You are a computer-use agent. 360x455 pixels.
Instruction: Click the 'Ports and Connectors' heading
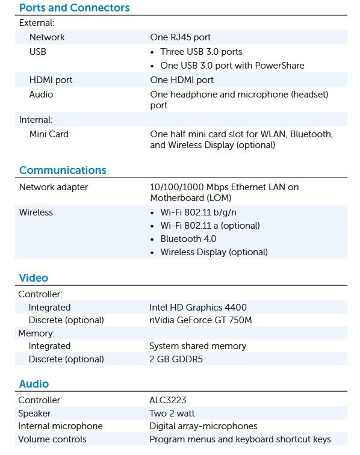click(74, 8)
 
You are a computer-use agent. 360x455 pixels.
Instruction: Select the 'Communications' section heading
click(63, 170)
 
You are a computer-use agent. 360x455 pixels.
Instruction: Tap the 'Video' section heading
click(34, 278)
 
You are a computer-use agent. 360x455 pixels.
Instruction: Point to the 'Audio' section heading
click(34, 384)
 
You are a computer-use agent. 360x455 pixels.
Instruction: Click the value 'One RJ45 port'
click(180, 37)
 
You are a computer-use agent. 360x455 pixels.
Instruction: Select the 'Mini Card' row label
click(49, 134)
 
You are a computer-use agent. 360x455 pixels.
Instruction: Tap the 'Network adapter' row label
click(54, 187)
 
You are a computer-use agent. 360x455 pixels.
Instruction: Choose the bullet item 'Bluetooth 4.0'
click(188, 239)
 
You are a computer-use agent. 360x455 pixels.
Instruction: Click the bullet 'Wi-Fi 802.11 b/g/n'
click(197, 212)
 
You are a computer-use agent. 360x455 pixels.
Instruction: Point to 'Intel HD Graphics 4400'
click(198, 308)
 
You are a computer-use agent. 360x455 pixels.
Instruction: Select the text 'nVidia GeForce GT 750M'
click(200, 320)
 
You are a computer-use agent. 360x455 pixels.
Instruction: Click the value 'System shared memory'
click(197, 346)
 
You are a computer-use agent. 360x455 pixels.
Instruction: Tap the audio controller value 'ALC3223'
click(168, 400)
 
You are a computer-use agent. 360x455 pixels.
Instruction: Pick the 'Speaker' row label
click(34, 413)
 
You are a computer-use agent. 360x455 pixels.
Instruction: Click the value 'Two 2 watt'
click(172, 413)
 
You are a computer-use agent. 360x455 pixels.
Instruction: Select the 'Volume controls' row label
click(52, 439)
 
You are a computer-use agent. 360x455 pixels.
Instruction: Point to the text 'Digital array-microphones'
click(203, 426)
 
